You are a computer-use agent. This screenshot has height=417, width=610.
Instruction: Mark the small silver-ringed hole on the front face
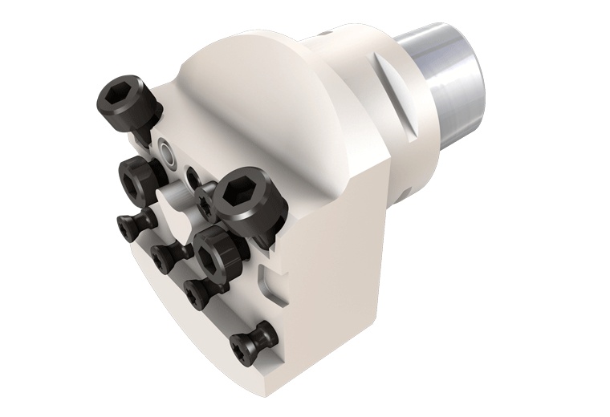[x=166, y=151]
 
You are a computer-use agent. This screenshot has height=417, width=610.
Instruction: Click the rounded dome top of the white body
[x=241, y=72]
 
